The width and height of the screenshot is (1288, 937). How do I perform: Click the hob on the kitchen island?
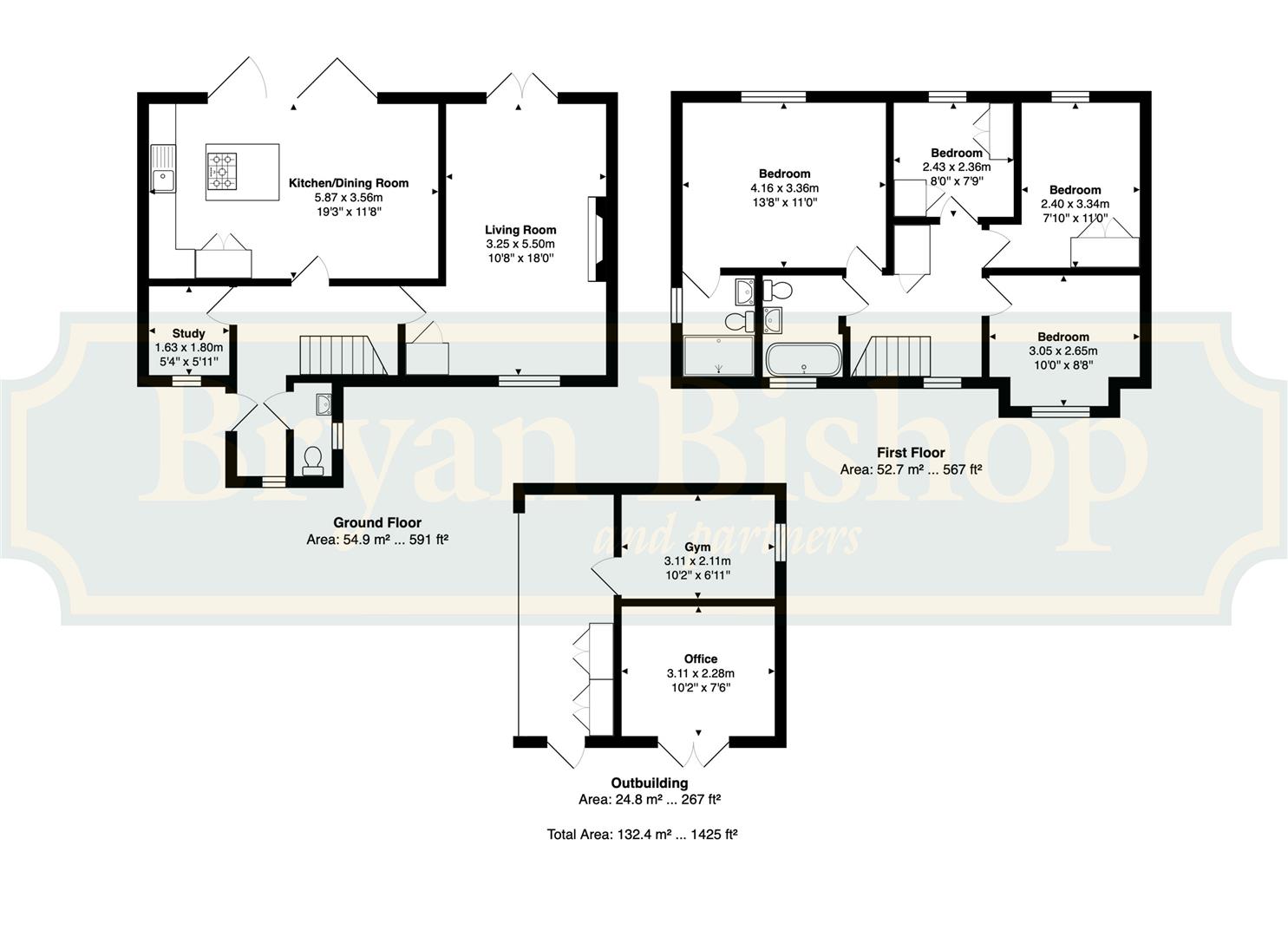pyautogui.click(x=221, y=172)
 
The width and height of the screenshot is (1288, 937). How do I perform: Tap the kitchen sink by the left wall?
pyautogui.click(x=163, y=168)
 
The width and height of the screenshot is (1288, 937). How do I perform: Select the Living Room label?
pyautogui.click(x=520, y=230)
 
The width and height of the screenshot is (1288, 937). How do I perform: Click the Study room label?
pyautogui.click(x=188, y=334)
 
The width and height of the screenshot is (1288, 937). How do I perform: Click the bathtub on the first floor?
pyautogui.click(x=804, y=359)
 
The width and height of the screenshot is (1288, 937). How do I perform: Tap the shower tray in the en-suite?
pyautogui.click(x=719, y=356)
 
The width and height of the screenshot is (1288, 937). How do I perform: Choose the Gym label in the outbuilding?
pyautogui.click(x=696, y=547)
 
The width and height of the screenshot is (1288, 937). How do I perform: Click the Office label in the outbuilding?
pyautogui.click(x=700, y=659)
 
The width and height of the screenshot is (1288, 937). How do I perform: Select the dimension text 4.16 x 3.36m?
pyautogui.click(x=784, y=188)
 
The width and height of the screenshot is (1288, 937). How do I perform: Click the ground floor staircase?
pyautogui.click(x=343, y=355)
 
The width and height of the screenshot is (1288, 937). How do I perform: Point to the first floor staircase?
pyautogui.click(x=891, y=356)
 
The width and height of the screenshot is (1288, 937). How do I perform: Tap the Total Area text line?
pyautogui.click(x=642, y=834)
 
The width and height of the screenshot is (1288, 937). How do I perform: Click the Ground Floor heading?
pyautogui.click(x=377, y=523)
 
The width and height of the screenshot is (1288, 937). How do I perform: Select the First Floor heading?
pyautogui.click(x=911, y=453)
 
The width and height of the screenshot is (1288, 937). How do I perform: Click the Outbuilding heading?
pyautogui.click(x=649, y=783)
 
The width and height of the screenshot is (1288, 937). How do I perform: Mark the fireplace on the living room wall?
pyautogui.click(x=594, y=239)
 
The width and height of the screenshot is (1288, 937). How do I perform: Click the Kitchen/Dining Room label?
pyautogui.click(x=349, y=183)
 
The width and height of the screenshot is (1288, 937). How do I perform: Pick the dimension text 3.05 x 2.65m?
pyautogui.click(x=1063, y=351)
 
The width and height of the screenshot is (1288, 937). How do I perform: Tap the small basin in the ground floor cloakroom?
pyautogui.click(x=324, y=404)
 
